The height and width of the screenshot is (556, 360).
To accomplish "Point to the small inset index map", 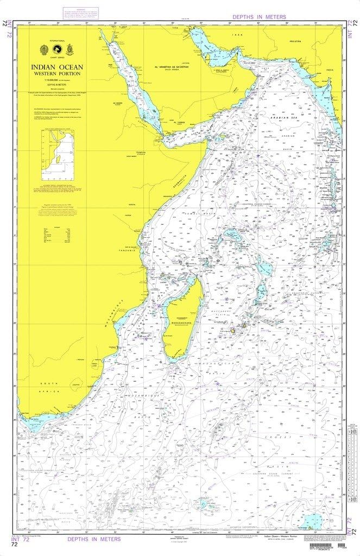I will [58, 155].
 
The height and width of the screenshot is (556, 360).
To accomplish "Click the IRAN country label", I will [236, 34].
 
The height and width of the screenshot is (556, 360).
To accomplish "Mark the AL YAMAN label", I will [179, 123].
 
